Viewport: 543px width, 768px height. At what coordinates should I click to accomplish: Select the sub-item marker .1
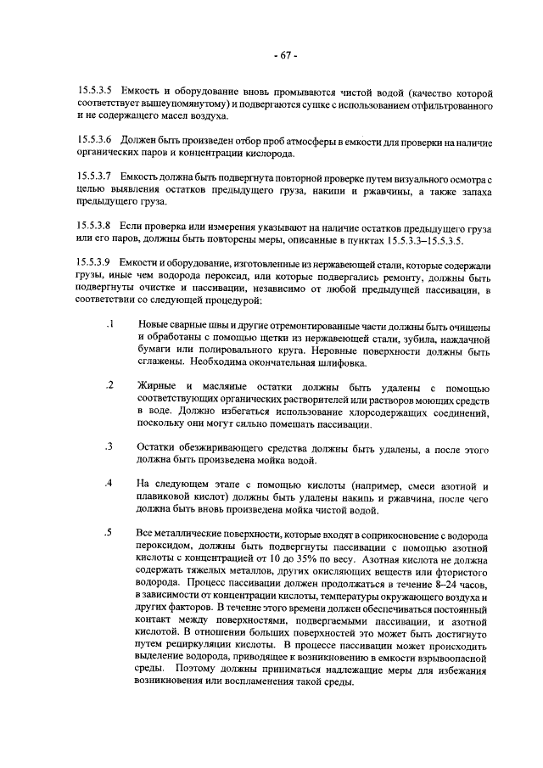point(110,326)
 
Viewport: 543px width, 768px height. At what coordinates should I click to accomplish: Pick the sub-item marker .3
point(110,446)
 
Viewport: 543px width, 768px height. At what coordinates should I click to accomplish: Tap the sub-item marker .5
point(110,532)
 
